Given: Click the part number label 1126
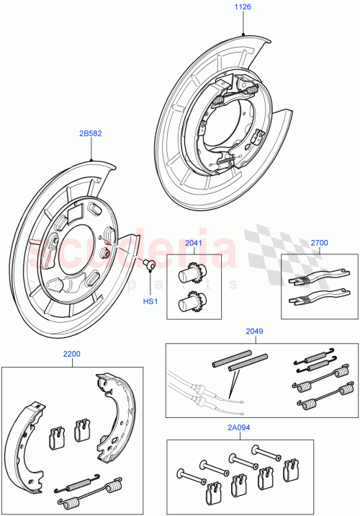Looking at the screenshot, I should point(244,9).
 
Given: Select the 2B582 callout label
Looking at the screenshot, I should point(91,133).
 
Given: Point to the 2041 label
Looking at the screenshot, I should point(194,244).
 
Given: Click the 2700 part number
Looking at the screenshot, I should point(318,244).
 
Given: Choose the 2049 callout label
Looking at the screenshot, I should point(254,332).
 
